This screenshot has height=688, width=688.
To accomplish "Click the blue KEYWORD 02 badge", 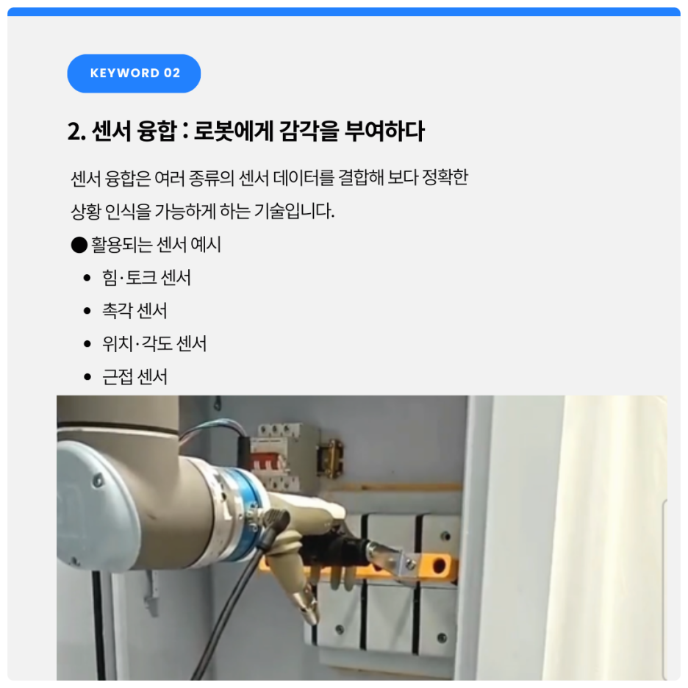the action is click(134, 74).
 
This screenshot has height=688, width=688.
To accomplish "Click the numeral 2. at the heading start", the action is click(76, 131).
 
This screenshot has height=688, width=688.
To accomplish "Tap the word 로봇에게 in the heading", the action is click(232, 131).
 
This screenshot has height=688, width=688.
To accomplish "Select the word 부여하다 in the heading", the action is click(385, 131).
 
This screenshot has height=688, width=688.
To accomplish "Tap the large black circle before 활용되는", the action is click(79, 245).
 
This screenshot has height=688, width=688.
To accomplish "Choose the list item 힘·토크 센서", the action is click(146, 277).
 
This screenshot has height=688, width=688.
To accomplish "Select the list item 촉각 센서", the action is click(135, 311).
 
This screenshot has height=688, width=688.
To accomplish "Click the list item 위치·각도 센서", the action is click(154, 343).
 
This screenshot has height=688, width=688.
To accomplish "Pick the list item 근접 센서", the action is click(135, 377).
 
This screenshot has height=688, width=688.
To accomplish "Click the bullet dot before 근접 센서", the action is click(87, 377).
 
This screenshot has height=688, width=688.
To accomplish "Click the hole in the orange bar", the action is click(439, 565).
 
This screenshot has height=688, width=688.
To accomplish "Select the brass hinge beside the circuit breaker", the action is click(330, 459).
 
